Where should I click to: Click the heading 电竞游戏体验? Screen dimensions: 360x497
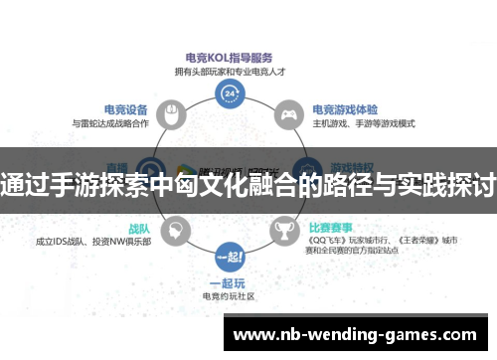coord(344,109)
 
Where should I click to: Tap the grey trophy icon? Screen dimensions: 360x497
coord(286,231)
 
